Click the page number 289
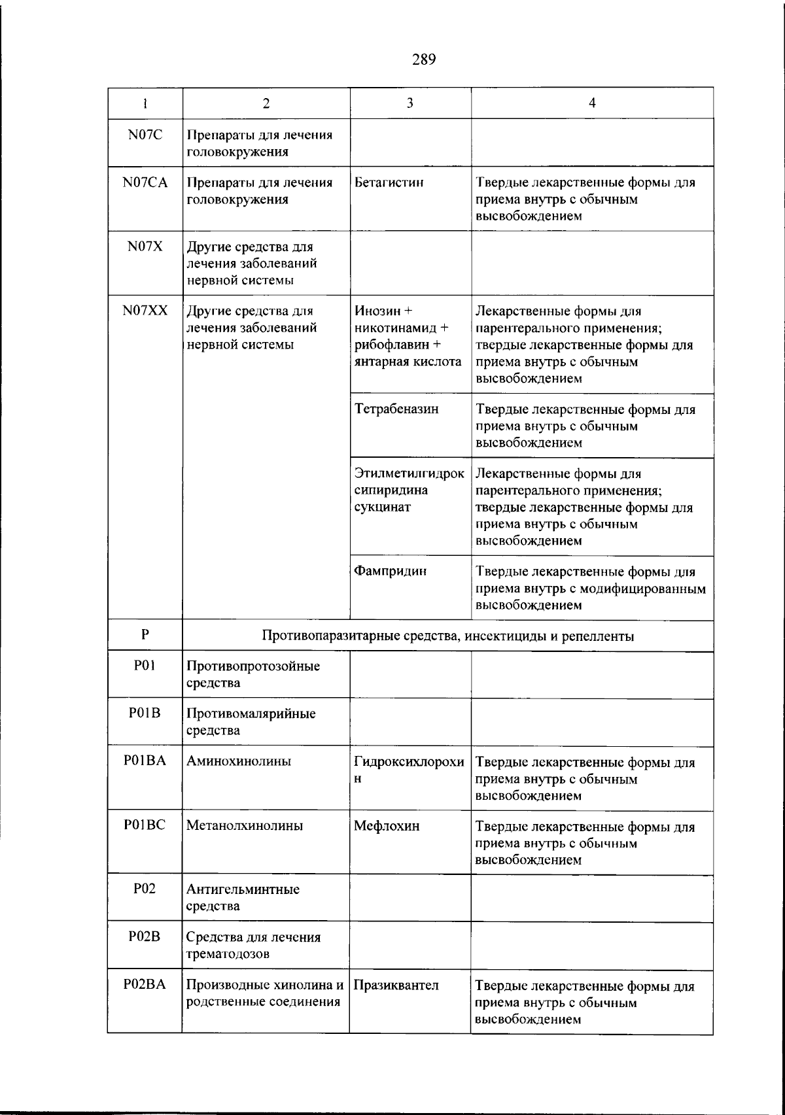[x=424, y=60]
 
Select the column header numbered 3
[x=410, y=103]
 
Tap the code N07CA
[x=145, y=182]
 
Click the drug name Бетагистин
[x=389, y=182]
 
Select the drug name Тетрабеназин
[x=396, y=409]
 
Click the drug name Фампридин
[x=391, y=571]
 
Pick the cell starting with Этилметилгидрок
[x=409, y=490]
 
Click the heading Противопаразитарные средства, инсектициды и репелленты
[x=447, y=636]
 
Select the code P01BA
[x=145, y=761]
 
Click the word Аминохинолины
[x=239, y=761]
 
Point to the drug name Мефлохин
[x=387, y=826]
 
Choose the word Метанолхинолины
[x=245, y=826]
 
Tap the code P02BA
[x=145, y=984]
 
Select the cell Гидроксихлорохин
[x=409, y=770]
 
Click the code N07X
[x=145, y=247]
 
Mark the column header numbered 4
[x=591, y=103]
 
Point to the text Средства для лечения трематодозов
[x=253, y=945]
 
